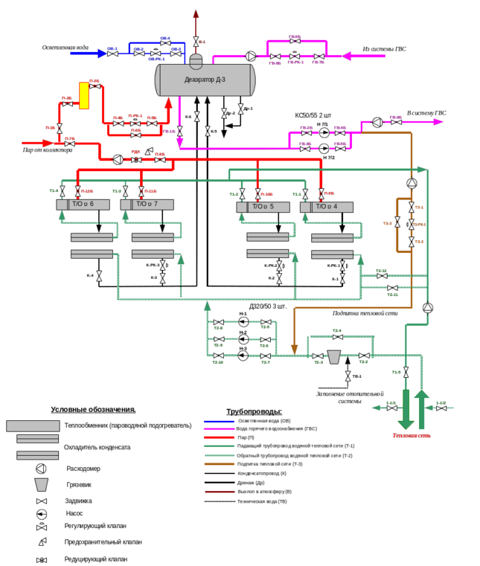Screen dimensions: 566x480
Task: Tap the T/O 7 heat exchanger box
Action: pos(147,205)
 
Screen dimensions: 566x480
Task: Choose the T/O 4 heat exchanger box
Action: pos(327,206)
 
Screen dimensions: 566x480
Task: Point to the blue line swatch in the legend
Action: pos(220,421)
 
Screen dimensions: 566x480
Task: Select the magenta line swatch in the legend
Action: pos(220,429)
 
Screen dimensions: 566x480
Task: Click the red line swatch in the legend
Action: pos(220,437)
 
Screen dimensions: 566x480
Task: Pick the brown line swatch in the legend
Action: pos(220,463)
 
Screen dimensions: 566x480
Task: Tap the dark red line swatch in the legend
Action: pos(220,492)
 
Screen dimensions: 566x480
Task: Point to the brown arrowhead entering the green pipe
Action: pos(294,349)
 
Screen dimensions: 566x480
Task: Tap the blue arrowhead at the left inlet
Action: pos(103,53)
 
